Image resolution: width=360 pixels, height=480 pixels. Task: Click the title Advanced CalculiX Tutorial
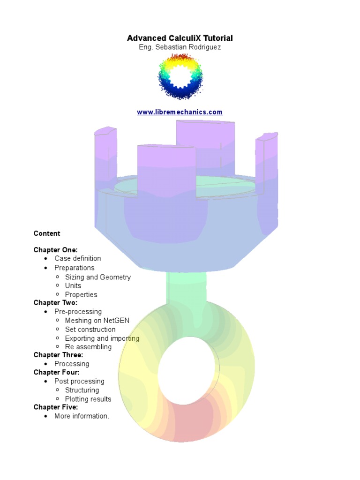click(x=180, y=38)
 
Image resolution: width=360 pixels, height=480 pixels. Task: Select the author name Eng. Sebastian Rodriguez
click(x=180, y=47)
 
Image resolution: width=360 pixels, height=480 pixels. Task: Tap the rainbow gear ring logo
click(x=180, y=76)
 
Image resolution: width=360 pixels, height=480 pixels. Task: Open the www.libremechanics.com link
click(x=180, y=112)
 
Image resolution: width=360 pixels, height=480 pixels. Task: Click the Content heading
click(x=47, y=233)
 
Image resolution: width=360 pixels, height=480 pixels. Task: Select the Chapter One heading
click(x=55, y=250)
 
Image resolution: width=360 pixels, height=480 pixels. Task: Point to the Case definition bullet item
click(x=77, y=258)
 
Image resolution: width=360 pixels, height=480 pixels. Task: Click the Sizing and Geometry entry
click(x=97, y=277)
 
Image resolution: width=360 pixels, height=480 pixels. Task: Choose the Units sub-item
click(x=73, y=285)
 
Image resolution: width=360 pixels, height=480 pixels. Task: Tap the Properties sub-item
click(x=81, y=294)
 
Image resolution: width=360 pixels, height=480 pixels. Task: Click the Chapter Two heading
click(x=55, y=303)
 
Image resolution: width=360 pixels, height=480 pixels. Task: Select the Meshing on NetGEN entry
click(x=97, y=321)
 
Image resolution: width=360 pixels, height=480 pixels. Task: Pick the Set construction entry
click(x=90, y=329)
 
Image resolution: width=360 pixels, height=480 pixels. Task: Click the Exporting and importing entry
click(x=102, y=338)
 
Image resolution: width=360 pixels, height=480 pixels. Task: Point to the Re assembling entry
click(x=88, y=347)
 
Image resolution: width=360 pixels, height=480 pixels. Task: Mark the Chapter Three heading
click(x=58, y=355)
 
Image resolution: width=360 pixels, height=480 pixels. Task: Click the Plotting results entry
click(x=88, y=399)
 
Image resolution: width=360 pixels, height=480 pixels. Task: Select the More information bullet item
click(x=82, y=416)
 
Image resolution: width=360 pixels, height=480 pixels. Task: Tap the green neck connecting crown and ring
click(x=186, y=291)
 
